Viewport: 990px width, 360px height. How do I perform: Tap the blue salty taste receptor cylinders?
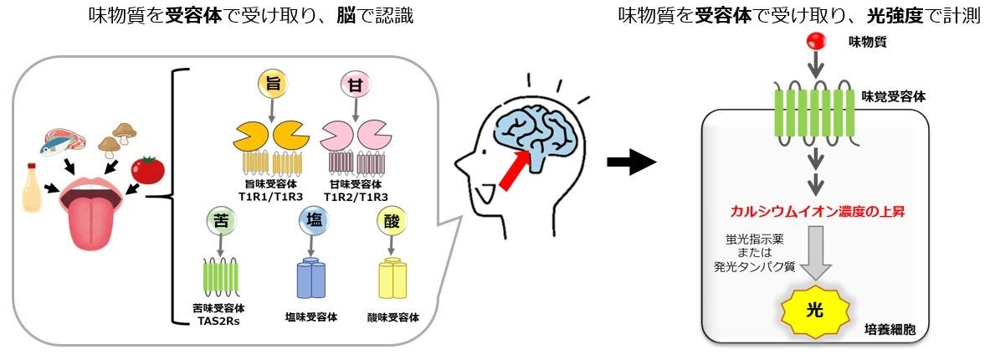click(310, 279)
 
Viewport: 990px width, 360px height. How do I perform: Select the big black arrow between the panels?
click(630, 163)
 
